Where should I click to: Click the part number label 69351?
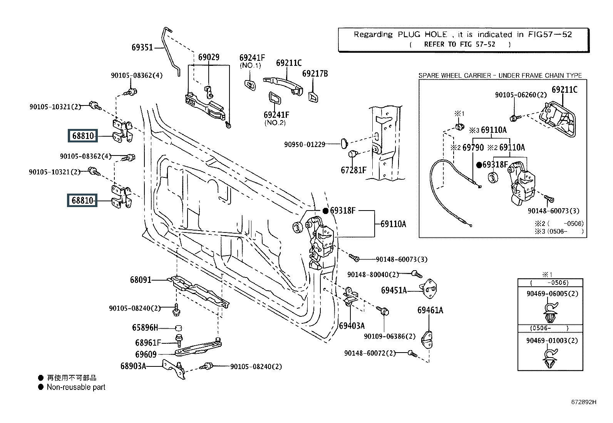(x=142, y=47)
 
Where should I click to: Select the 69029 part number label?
(x=209, y=57)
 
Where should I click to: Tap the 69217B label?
(x=315, y=74)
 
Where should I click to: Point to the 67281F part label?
(x=353, y=170)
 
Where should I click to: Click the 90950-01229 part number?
(x=305, y=144)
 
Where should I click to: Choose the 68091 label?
(x=141, y=280)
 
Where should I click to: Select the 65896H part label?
(x=145, y=328)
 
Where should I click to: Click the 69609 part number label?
(x=146, y=354)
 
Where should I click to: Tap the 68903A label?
(x=133, y=366)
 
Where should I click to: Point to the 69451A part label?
(x=394, y=290)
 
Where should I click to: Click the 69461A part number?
(x=430, y=310)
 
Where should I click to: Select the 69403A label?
(x=352, y=326)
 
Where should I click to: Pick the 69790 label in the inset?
(x=473, y=147)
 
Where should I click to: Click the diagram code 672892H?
(x=583, y=402)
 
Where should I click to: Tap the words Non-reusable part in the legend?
(x=76, y=387)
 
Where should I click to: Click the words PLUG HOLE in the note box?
(x=422, y=34)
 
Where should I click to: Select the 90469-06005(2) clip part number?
(x=552, y=294)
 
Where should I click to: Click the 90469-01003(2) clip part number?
(x=552, y=340)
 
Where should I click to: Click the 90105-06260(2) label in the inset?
(x=521, y=95)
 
